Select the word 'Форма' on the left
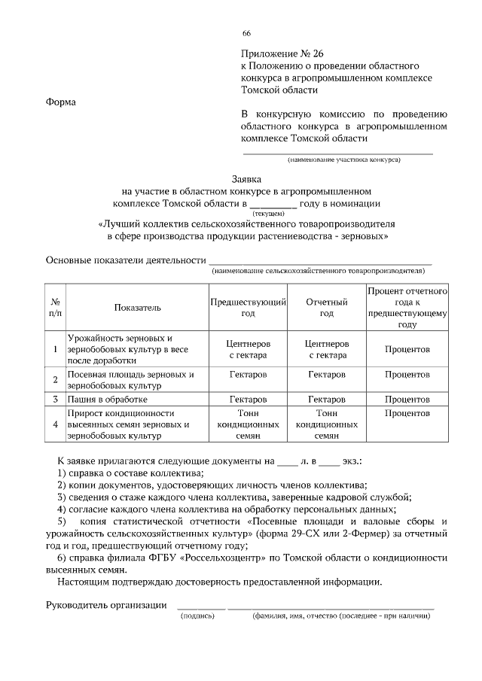(61, 102)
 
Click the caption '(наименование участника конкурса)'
(343, 160)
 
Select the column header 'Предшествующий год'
(249, 307)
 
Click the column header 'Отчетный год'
(327, 307)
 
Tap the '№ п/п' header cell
(55, 307)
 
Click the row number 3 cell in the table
(55, 399)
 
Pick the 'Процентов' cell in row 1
(407, 350)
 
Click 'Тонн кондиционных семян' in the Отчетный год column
(327, 424)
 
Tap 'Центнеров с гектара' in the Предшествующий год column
(249, 349)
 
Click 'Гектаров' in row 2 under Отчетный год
(327, 374)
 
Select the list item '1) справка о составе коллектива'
(130, 472)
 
